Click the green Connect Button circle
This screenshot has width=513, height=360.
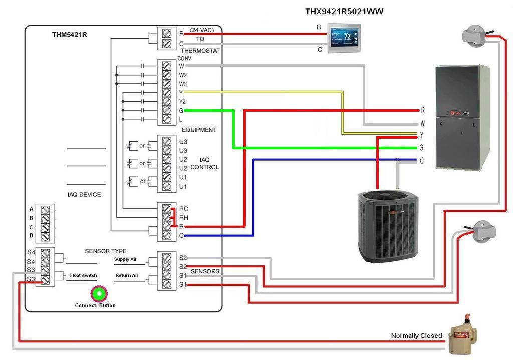99,294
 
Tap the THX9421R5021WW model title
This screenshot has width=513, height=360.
344,11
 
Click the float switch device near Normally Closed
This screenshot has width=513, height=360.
462,336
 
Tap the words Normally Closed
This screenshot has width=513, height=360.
416,336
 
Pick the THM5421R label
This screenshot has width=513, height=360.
69,35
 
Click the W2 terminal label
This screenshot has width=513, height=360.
183,75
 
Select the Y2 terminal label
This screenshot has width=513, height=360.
182,102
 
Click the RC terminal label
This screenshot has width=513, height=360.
183,209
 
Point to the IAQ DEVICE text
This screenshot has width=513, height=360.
84,195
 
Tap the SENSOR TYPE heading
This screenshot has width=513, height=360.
105,251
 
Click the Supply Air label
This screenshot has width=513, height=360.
125,260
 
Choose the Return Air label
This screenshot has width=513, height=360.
127,275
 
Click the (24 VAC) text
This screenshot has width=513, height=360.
202,30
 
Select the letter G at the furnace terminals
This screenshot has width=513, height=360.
422,148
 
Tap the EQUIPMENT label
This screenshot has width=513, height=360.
199,130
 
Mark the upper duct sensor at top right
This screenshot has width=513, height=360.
473,35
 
